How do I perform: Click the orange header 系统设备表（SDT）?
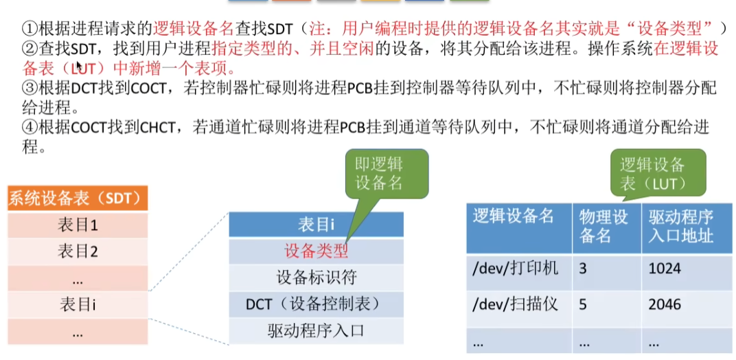[77, 199]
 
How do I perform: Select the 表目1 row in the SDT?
[77, 225]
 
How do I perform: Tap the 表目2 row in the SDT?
[77, 251]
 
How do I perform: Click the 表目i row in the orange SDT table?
[77, 304]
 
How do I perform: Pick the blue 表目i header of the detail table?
[316, 225]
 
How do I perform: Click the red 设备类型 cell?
[316, 251]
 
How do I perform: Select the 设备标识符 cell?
[316, 278]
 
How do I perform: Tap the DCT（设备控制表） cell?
[316, 304]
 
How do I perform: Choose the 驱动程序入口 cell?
[316, 330]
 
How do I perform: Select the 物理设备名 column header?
[606, 227]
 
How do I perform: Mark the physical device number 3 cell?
[584, 268]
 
